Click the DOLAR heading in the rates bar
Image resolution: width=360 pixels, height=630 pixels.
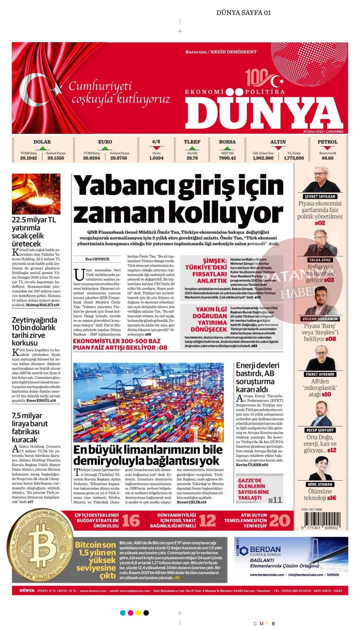pos(42,142)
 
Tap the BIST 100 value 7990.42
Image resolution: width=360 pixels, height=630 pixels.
pos(227,158)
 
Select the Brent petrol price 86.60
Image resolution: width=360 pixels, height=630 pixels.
pos(327,158)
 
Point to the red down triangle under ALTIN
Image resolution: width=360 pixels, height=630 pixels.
pos(278,148)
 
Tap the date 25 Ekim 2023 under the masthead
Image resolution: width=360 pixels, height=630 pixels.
pos(323,132)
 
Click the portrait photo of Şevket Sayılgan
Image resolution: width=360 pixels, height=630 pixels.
pos(320,179)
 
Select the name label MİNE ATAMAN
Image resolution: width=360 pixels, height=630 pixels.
pos(320,484)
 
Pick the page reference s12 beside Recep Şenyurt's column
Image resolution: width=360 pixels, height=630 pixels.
pos(331,450)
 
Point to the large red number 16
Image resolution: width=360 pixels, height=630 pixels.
pos(131,521)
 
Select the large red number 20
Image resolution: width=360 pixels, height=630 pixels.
pos(280,521)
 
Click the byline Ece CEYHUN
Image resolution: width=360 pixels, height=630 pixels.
pos(97,259)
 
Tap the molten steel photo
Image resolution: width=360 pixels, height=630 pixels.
pos(36,194)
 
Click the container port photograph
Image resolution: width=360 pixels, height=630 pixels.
pos(148,402)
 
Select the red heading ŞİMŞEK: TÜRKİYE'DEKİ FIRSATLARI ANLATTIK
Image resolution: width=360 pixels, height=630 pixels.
pos(206,271)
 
